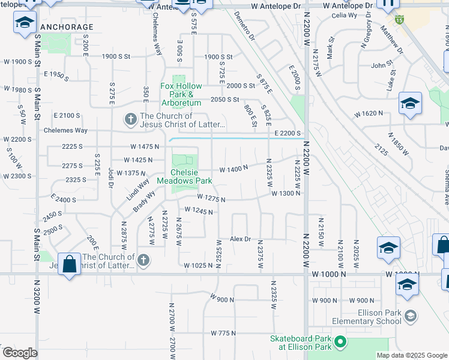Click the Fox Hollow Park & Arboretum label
[181, 90]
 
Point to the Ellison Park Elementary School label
[362, 316]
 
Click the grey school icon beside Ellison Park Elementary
[411, 316]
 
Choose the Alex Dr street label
[240, 239]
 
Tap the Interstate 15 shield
[399, 20]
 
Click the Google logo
[19, 353]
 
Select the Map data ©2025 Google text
[411, 355]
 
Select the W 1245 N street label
[199, 211]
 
